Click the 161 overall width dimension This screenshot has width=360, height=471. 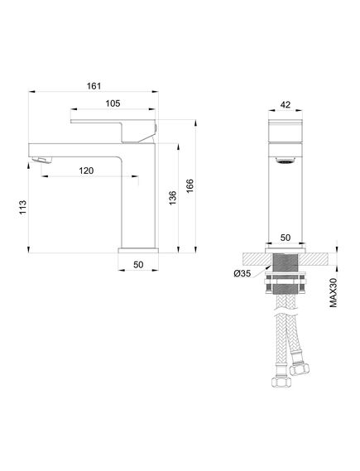tap(94, 86)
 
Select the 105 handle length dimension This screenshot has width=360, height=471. tap(113, 103)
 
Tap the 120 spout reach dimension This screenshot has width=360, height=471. tap(86, 171)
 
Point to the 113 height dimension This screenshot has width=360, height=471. tap(23, 207)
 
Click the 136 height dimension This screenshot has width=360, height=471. tap(173, 198)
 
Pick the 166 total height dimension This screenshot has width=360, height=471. tap(190, 186)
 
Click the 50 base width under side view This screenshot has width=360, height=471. tap(138, 265)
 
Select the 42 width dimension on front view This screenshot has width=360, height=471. tap(286, 105)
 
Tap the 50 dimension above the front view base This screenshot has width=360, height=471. tap(286, 238)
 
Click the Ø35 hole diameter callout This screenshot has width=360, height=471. tap(242, 274)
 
